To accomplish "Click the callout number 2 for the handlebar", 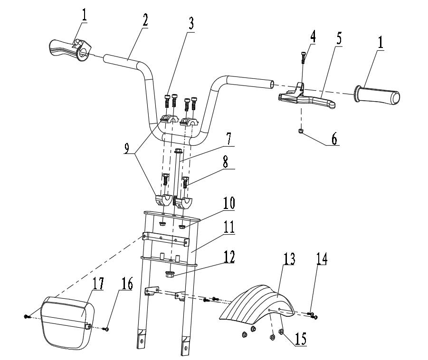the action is click(145, 20).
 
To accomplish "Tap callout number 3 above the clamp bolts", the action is click(191, 24).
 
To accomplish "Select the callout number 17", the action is click(98, 284).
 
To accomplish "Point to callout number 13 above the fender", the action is click(289, 259).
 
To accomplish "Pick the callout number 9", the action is click(126, 149).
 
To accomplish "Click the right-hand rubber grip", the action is click(378, 96).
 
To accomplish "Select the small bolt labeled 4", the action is click(303, 57).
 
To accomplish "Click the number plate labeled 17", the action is click(68, 322).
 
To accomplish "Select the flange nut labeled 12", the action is click(171, 274).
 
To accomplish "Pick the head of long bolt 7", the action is click(178, 150).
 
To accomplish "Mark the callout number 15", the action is click(300, 339).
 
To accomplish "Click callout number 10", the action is click(229, 203).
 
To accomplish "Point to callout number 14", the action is click(322, 259).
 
